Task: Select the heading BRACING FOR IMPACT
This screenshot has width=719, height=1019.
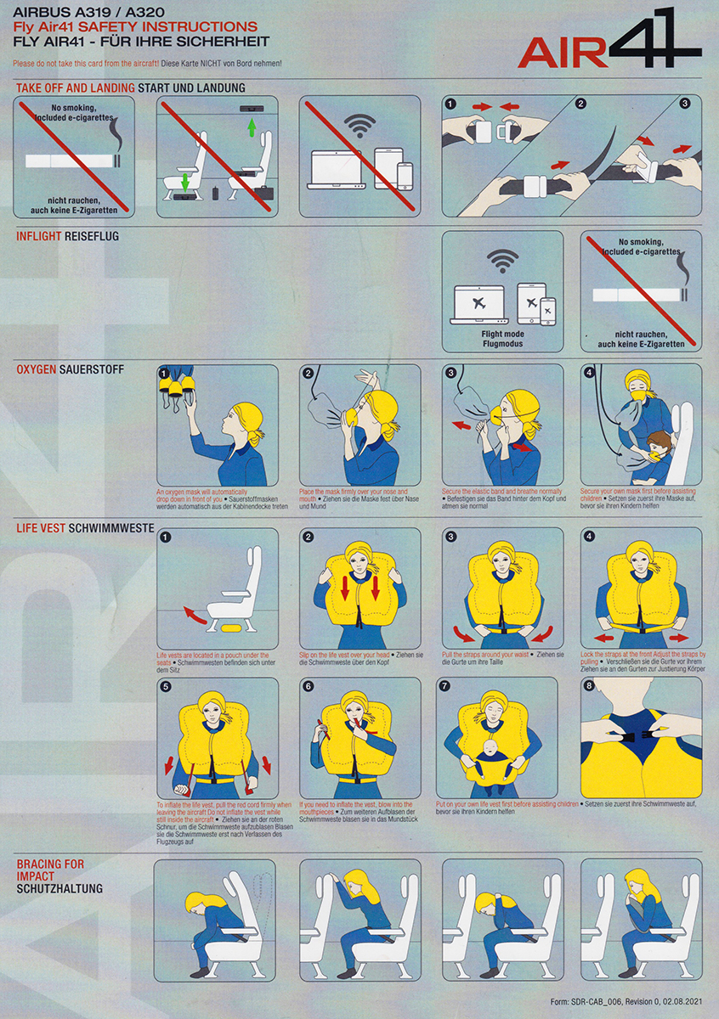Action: click(x=50, y=870)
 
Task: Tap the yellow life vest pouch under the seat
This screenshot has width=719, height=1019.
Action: click(x=230, y=628)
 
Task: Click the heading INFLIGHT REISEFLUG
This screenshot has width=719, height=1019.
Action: click(x=67, y=236)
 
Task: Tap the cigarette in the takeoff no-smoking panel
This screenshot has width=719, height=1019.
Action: click(x=69, y=160)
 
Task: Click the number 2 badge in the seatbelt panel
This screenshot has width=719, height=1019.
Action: click(x=581, y=104)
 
